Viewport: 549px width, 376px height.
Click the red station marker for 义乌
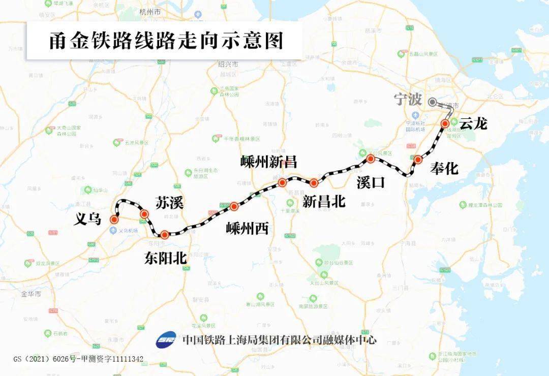114,220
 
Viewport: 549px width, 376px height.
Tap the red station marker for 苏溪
144,214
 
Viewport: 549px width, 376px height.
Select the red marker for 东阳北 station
164,235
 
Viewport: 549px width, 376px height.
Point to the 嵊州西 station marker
234,206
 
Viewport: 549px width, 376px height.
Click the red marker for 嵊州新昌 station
282,182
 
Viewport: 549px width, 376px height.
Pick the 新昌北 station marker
314,183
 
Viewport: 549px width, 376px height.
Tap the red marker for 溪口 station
371,159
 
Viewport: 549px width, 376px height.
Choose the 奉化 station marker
418,160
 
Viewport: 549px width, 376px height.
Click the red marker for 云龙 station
445,123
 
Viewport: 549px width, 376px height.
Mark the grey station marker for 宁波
432,102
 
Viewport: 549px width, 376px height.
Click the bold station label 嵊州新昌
268,162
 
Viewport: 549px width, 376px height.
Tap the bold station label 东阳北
165,258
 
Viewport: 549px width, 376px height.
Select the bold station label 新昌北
324,201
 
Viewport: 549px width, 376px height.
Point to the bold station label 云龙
473,123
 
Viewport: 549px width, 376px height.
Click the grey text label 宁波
408,99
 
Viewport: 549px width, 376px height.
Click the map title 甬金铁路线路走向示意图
166,41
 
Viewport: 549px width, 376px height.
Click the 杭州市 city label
150,11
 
